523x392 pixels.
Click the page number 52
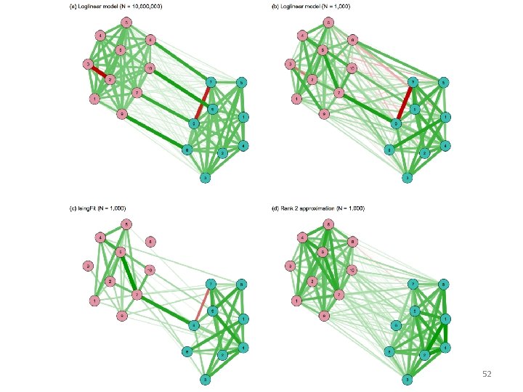[487, 373]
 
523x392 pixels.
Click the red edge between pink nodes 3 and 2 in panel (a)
[100, 72]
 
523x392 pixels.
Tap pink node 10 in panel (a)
[150, 68]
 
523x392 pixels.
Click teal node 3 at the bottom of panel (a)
[206, 178]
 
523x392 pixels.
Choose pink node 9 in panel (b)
[324, 114]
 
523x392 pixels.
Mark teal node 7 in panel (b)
[413, 82]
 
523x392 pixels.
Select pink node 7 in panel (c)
[137, 295]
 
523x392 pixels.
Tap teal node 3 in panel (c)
[206, 379]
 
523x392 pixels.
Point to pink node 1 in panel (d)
[296, 300]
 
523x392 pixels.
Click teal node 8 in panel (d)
[442, 283]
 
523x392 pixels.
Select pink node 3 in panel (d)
[290, 266]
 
